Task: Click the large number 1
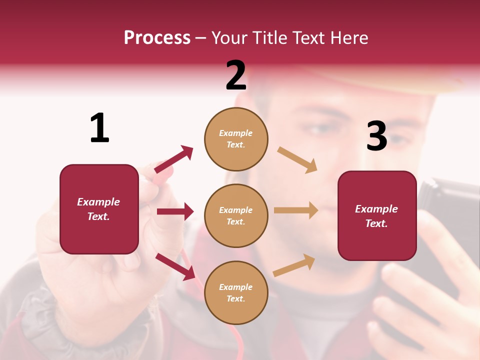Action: [x=99, y=128]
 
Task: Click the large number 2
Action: [x=236, y=75]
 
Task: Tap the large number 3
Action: [x=376, y=136]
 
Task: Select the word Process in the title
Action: [x=157, y=37]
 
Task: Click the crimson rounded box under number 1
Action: [x=99, y=209]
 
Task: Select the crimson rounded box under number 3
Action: [x=377, y=215]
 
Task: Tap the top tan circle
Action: [x=236, y=139]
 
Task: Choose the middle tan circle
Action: [x=236, y=215]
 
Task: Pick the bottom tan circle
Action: [x=236, y=292]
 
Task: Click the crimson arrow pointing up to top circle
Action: [x=174, y=159]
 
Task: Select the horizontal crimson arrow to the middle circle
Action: [x=175, y=211]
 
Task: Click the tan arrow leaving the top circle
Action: [x=297, y=160]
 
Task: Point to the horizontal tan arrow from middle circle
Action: [x=296, y=210]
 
